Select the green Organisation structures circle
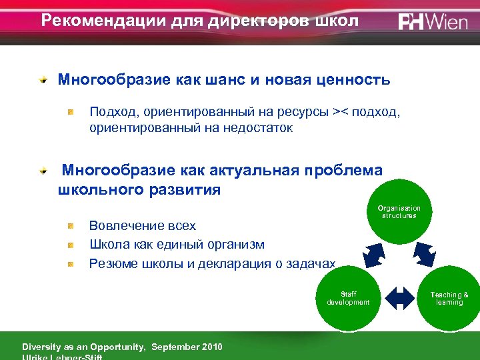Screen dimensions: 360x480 click(399, 212)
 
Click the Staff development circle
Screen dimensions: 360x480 click(347, 298)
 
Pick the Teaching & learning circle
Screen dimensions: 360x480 click(449, 298)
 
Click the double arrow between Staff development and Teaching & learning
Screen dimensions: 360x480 click(400, 298)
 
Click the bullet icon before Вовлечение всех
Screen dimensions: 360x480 click(70, 227)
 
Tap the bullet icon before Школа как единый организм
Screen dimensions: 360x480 click(70, 245)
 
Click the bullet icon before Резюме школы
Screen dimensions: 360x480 click(70, 264)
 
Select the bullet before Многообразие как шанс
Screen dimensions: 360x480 click(43, 81)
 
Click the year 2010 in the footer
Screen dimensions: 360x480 click(210, 347)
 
